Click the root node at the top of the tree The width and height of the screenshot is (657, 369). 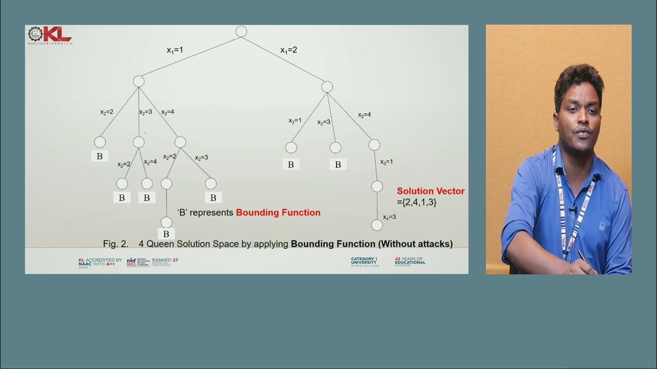tap(241, 31)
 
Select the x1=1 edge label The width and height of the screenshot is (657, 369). tap(175, 50)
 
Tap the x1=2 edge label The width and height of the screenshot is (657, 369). tap(288, 50)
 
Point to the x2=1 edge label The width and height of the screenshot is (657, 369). tap(295, 120)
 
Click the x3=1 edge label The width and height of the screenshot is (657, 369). tap(387, 162)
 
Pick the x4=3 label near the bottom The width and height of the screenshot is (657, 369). tap(389, 217)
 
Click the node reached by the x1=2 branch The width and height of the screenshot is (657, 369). tap(327, 87)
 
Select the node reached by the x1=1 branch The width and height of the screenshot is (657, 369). tap(139, 81)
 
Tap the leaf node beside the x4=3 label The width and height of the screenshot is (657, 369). tap(377, 225)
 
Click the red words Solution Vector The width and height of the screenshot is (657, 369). tap(431, 191)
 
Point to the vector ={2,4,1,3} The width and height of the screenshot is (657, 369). tap(417, 202)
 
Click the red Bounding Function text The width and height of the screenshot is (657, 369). tap(278, 213)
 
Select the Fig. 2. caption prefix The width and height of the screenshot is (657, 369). tap(115, 244)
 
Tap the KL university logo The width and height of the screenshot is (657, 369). tap(50, 35)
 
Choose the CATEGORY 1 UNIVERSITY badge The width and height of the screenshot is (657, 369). tap(364, 261)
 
